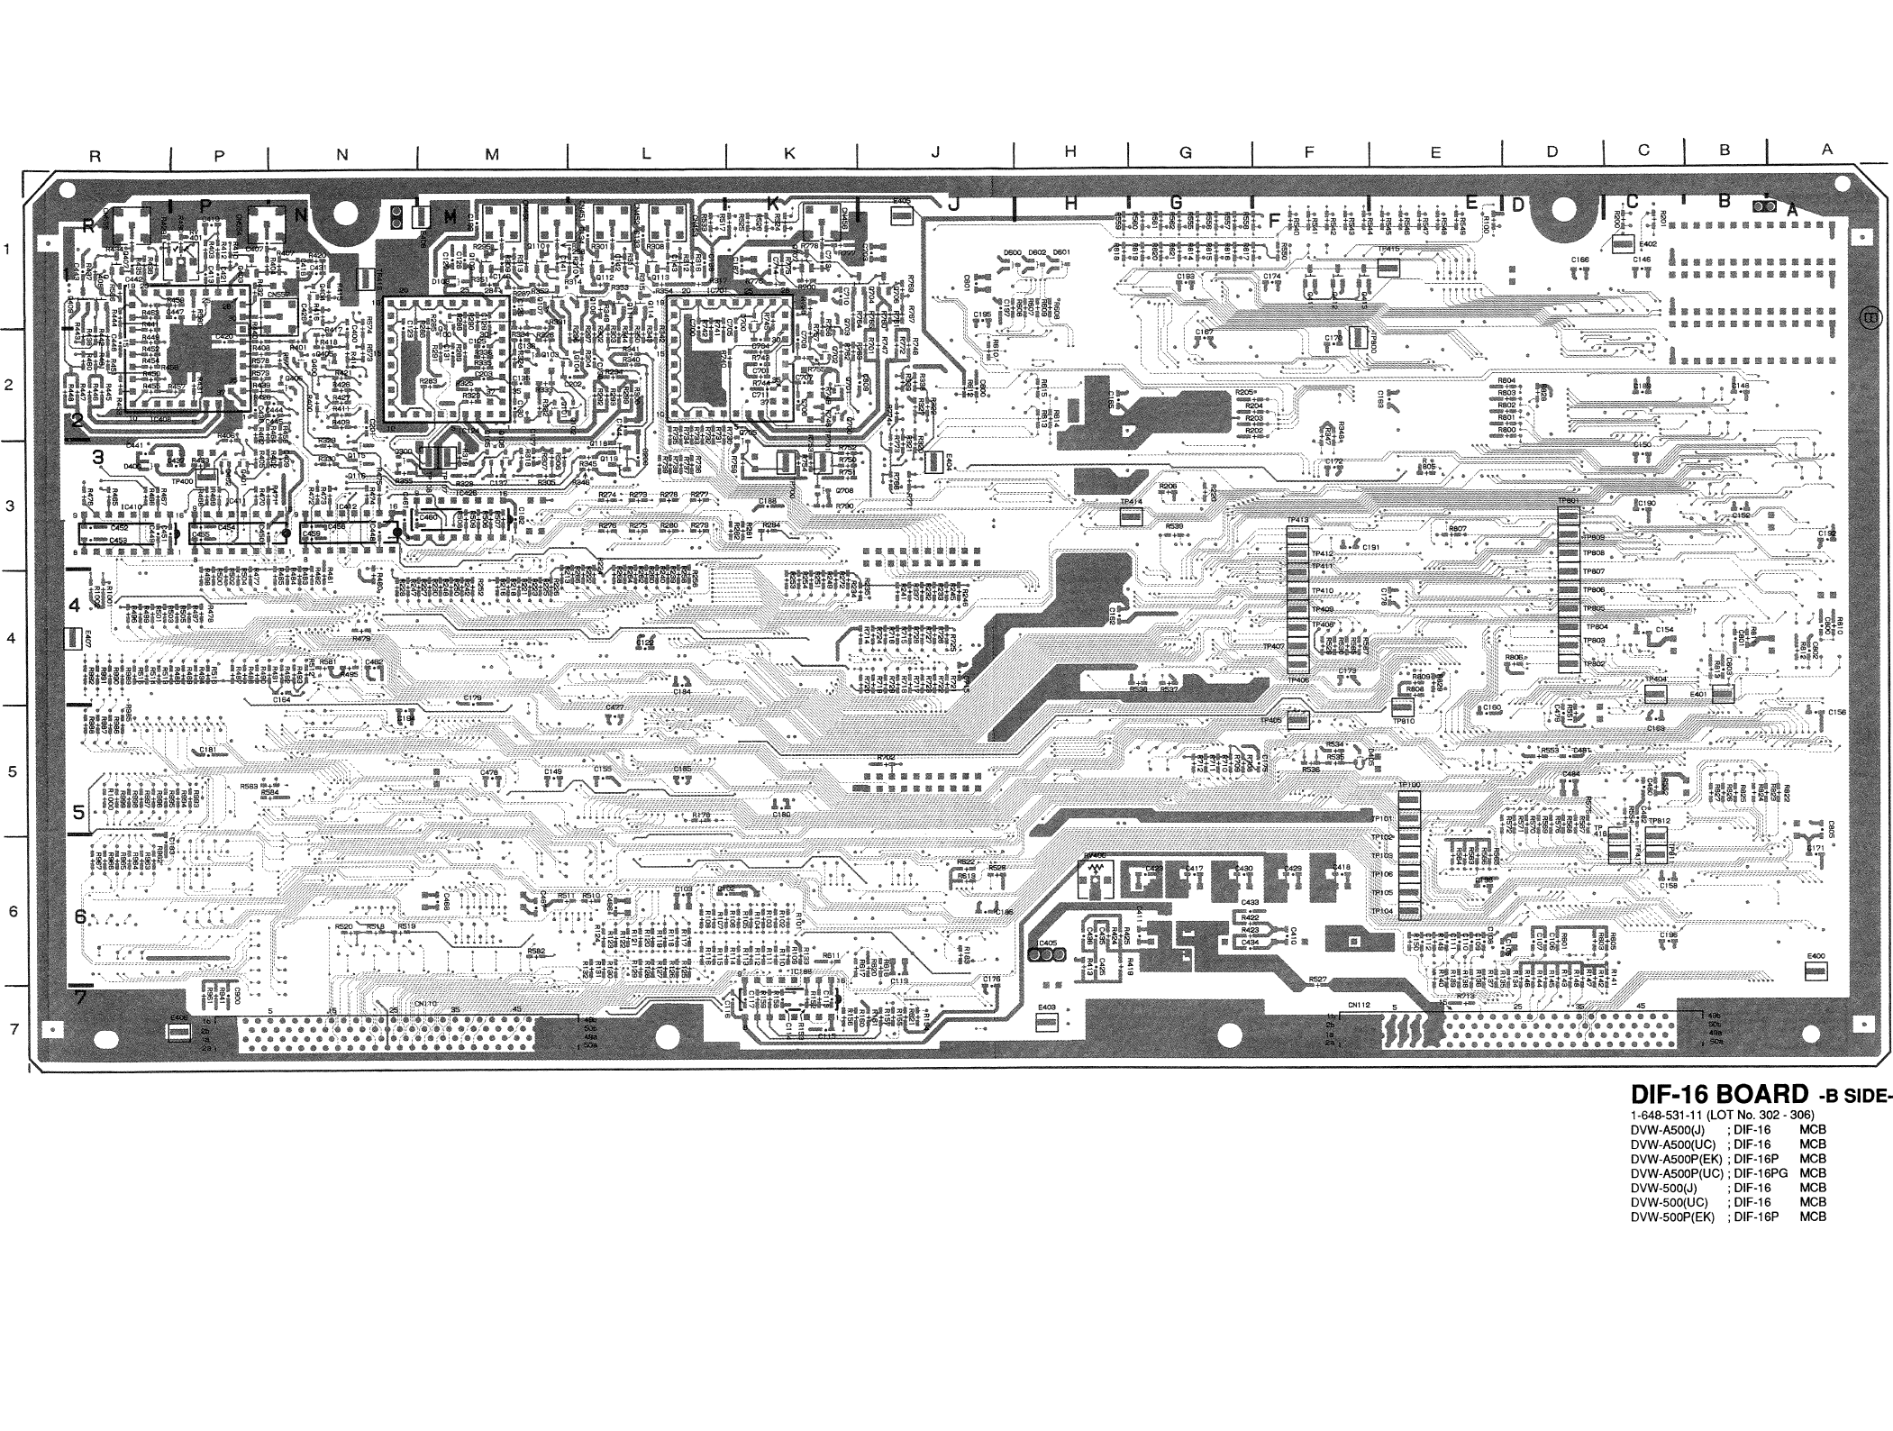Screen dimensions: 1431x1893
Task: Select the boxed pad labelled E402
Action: [1622, 244]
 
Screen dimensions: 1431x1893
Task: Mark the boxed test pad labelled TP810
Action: [1403, 708]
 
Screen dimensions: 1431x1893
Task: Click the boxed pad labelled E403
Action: [1046, 1021]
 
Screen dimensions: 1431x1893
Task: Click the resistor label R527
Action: [1316, 979]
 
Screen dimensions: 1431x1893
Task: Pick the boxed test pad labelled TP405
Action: [1297, 720]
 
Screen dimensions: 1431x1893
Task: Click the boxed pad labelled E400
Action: [1816, 971]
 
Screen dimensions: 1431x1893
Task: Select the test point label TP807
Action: [1594, 571]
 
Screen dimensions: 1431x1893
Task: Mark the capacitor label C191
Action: [1370, 547]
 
